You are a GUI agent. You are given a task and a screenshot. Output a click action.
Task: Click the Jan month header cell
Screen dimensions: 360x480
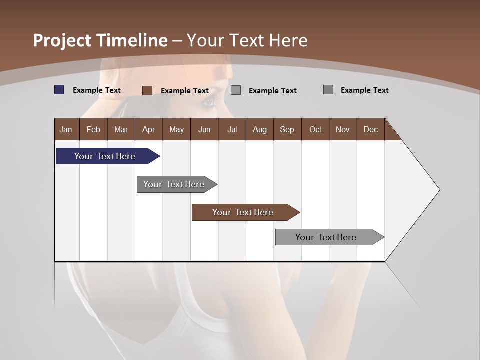(x=66, y=129)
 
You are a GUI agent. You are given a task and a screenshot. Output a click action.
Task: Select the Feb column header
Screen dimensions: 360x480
(x=93, y=129)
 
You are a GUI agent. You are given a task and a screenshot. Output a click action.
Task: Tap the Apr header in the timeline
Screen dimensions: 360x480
(x=149, y=129)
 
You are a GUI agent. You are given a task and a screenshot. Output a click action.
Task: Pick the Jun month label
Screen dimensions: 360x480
(x=204, y=129)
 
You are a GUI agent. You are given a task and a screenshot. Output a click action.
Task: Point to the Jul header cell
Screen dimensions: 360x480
(x=232, y=129)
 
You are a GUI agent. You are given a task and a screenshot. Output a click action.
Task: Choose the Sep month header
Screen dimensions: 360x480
(x=287, y=129)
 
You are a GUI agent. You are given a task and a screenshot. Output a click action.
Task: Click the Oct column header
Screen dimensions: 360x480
(x=315, y=129)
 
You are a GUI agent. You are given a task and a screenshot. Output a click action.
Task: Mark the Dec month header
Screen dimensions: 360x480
(x=371, y=129)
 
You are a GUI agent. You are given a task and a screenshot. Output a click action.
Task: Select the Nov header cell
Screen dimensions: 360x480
(x=343, y=129)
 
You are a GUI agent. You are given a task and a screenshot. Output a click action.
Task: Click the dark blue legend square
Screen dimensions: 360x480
(x=59, y=90)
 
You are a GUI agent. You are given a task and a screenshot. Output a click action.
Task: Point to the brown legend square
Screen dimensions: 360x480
(x=147, y=90)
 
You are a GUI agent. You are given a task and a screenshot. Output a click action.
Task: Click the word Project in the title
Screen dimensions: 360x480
(x=62, y=40)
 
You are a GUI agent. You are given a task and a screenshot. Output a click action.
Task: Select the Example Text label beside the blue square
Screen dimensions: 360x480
(x=97, y=90)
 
